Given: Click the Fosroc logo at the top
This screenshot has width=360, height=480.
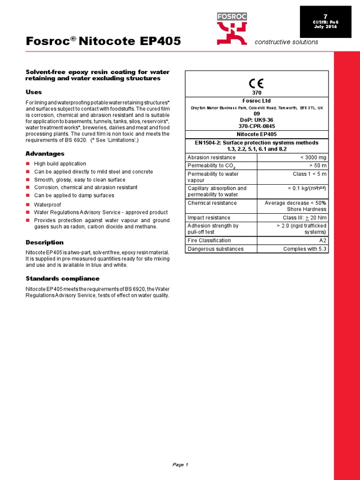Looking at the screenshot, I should [x=232, y=28].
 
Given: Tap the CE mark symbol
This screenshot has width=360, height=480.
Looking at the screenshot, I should [x=256, y=83].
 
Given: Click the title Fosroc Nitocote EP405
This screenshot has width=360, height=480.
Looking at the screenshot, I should [x=103, y=41].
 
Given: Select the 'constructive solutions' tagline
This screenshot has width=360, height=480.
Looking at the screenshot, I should [x=286, y=42].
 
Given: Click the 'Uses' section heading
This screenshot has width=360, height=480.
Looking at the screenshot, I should [x=33, y=92].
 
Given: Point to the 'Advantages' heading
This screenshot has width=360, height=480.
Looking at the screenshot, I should [x=45, y=154].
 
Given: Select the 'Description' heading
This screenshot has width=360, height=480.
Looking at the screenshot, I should [x=44, y=242].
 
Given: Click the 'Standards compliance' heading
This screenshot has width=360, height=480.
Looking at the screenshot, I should [x=62, y=278].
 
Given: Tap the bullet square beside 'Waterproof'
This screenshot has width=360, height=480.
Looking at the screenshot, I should [x=28, y=204].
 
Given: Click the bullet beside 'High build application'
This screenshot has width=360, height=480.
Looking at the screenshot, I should [x=28, y=164].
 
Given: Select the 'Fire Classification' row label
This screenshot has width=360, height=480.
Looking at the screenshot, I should [x=209, y=240].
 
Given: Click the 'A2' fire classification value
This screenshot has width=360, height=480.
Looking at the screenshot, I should [x=323, y=240].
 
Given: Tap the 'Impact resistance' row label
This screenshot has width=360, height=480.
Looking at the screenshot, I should [x=209, y=217].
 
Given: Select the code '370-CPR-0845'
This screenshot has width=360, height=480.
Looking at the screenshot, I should [x=256, y=126].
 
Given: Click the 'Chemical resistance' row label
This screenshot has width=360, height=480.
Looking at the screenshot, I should [x=212, y=203].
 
